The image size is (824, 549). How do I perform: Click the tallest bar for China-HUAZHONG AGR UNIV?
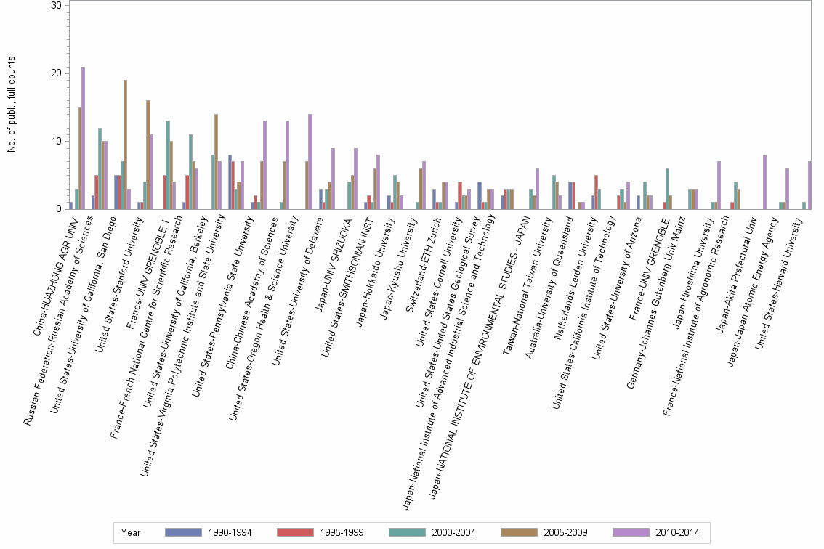(x=83, y=138)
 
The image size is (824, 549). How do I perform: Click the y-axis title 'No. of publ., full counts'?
(x=12, y=106)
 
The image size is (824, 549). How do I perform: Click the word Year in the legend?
(x=130, y=532)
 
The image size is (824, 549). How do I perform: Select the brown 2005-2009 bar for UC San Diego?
(x=125, y=145)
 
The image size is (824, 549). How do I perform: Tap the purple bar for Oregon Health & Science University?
(x=310, y=161)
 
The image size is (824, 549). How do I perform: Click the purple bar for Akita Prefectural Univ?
(x=764, y=182)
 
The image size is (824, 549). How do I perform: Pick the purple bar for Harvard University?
(x=809, y=185)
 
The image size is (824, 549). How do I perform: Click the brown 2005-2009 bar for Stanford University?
(x=148, y=155)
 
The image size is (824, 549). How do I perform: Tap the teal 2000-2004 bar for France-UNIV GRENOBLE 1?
(x=168, y=165)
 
